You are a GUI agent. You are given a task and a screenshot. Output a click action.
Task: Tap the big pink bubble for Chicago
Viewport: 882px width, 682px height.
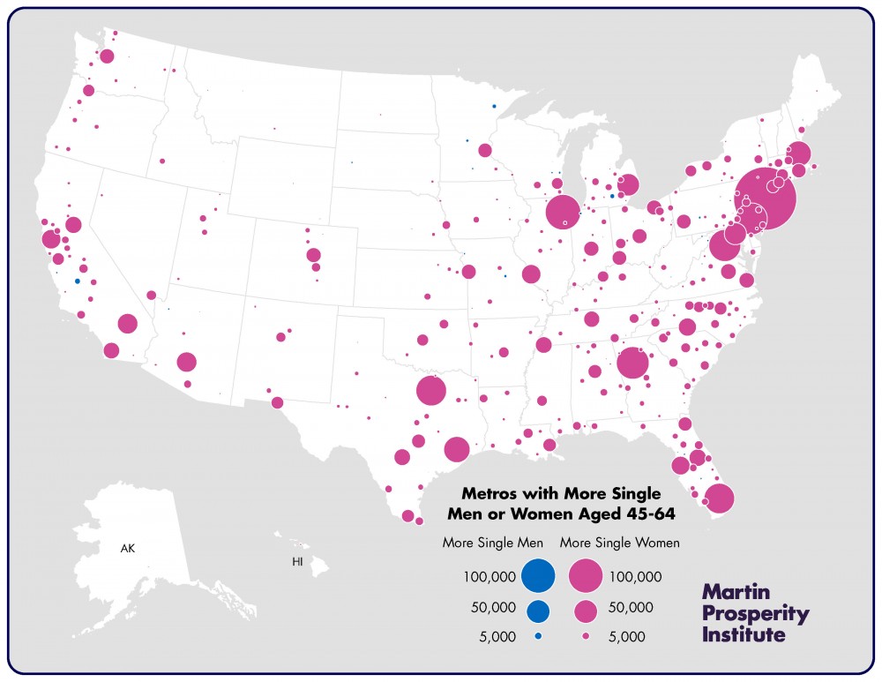tap(562, 212)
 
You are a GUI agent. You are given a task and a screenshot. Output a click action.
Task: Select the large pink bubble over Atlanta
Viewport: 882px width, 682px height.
tap(632, 363)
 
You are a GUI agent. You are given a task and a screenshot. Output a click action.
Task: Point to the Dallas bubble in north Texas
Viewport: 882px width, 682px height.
tap(430, 390)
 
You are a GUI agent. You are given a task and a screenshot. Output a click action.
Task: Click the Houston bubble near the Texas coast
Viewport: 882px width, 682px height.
tap(456, 449)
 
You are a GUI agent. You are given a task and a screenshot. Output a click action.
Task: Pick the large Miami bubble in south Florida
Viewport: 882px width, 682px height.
tap(719, 498)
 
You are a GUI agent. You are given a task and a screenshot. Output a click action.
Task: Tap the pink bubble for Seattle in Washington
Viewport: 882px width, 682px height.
tap(107, 56)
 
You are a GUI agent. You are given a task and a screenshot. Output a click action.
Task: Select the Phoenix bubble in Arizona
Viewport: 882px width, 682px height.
tap(186, 362)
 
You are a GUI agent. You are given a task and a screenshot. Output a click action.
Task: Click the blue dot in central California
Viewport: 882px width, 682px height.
tap(78, 281)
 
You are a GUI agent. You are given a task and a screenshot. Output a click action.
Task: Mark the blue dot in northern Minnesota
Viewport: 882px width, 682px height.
tap(494, 106)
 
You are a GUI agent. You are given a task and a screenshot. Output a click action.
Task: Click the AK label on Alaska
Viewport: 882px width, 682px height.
tap(129, 549)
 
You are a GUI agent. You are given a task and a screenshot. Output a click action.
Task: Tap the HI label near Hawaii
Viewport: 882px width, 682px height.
tap(298, 562)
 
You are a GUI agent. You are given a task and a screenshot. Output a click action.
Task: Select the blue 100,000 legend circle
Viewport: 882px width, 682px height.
tap(537, 575)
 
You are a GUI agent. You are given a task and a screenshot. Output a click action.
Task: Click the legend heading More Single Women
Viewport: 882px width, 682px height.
tap(619, 543)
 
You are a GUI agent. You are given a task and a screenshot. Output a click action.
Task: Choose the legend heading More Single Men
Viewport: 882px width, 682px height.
tap(492, 543)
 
